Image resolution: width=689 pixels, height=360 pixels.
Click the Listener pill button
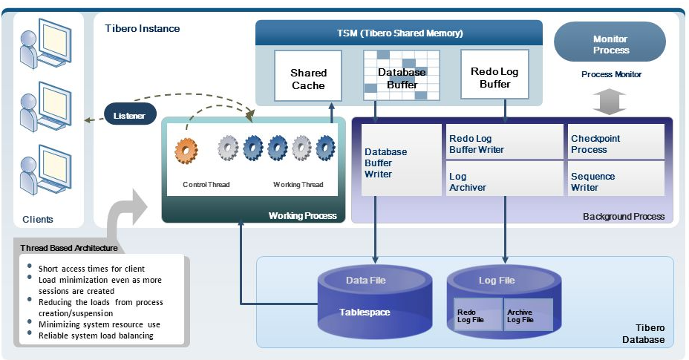(130, 116)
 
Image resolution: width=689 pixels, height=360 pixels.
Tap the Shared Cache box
(308, 78)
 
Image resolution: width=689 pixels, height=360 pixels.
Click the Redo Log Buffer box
(494, 76)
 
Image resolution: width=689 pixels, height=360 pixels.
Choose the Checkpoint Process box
(615, 143)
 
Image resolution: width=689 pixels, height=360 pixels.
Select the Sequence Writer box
(615, 181)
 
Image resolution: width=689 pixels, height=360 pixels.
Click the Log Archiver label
(468, 182)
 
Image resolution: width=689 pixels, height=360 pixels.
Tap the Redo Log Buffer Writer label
(477, 144)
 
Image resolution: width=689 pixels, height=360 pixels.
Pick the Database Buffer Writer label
(385, 163)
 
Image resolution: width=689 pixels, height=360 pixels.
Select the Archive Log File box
(528, 315)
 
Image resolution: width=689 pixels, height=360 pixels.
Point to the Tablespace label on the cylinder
(365, 312)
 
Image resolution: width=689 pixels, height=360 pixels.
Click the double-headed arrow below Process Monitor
(610, 103)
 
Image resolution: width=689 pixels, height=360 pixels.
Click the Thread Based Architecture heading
(67, 247)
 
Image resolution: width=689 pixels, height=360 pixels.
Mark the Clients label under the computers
(38, 220)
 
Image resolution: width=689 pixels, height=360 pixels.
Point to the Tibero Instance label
(142, 28)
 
